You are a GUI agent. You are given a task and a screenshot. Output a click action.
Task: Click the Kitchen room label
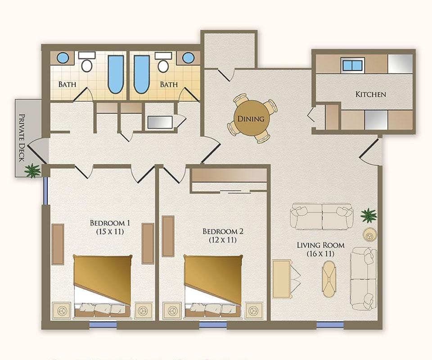[370, 94]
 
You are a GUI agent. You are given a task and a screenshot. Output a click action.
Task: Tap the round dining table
[251, 118]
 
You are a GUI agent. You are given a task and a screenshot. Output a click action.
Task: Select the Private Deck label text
[22, 137]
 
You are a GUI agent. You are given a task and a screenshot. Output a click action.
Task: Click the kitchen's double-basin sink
[352, 65]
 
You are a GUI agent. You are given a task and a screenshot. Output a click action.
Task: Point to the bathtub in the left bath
[116, 74]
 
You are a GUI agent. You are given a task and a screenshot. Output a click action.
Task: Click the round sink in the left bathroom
[63, 58]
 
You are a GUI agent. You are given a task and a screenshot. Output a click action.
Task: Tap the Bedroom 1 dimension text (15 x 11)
[110, 231]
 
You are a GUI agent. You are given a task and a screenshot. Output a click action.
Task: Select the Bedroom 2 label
[223, 231]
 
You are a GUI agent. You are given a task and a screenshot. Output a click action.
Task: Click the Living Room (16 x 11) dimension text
[320, 253]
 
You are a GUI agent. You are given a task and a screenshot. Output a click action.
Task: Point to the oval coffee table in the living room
[329, 279]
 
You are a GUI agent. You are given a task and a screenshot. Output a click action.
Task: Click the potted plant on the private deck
[32, 171]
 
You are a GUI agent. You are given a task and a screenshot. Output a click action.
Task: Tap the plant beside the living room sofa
[369, 216]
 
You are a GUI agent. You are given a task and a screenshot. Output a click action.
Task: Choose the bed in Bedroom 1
[103, 287]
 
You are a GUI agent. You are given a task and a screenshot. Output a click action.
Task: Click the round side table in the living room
[369, 235]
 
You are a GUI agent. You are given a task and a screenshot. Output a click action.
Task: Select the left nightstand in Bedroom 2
[172, 310]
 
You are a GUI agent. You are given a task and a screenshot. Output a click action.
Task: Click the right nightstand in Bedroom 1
[143, 310]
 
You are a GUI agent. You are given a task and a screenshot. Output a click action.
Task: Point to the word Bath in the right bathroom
[169, 84]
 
